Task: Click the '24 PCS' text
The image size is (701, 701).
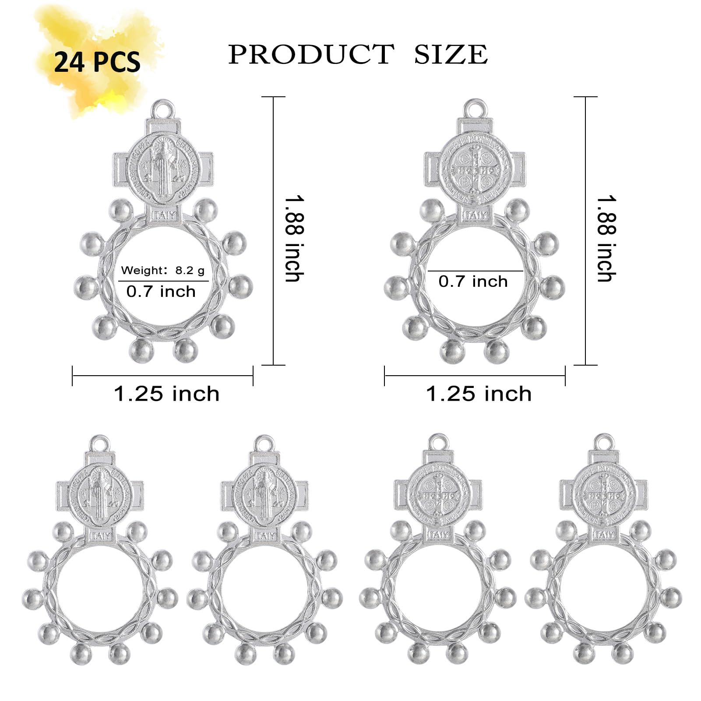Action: (x=97, y=62)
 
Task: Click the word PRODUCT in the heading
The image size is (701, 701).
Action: (x=311, y=54)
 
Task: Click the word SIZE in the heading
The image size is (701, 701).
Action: (x=451, y=54)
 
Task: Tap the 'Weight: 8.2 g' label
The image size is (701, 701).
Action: (x=163, y=271)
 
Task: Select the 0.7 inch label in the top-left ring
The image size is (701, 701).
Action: (x=161, y=292)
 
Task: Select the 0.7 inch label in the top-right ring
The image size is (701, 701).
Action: (x=473, y=282)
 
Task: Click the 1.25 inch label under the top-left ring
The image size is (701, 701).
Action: (x=167, y=394)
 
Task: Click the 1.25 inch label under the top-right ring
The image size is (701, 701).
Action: (x=479, y=394)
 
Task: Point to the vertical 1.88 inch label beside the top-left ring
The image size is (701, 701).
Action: (x=294, y=239)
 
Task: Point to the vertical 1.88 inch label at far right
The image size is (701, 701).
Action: (x=606, y=239)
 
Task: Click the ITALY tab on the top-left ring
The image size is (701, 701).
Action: (x=164, y=215)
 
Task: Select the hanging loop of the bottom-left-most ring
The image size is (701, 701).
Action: (x=100, y=443)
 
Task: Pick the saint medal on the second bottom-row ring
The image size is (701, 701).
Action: (x=264, y=496)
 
